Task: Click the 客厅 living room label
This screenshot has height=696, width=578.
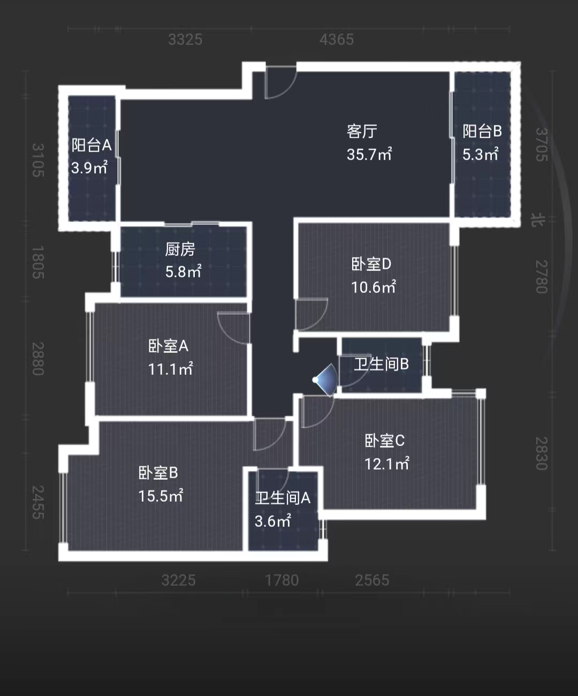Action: (x=362, y=131)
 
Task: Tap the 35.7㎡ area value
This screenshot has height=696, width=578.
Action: (x=369, y=155)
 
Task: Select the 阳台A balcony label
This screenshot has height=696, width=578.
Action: (x=92, y=145)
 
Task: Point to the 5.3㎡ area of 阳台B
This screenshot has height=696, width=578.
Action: (x=480, y=155)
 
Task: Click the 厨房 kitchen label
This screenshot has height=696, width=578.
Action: (x=180, y=249)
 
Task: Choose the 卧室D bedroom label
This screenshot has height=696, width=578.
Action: (x=371, y=264)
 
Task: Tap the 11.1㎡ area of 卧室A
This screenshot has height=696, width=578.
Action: (x=170, y=369)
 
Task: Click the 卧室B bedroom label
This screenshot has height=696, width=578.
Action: (x=158, y=473)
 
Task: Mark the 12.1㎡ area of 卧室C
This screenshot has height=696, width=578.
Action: (x=386, y=464)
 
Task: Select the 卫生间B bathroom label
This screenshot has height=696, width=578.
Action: (x=381, y=364)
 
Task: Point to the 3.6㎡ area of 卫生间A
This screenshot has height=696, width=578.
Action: (x=272, y=521)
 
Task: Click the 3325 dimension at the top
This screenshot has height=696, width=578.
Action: (x=185, y=40)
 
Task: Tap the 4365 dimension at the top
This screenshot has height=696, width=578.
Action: (x=337, y=40)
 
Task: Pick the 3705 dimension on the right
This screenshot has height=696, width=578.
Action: (x=542, y=145)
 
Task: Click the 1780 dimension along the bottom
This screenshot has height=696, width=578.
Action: (x=282, y=580)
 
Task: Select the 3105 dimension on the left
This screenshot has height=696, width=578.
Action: (x=37, y=160)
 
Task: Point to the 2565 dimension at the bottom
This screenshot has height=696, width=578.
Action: (x=372, y=580)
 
